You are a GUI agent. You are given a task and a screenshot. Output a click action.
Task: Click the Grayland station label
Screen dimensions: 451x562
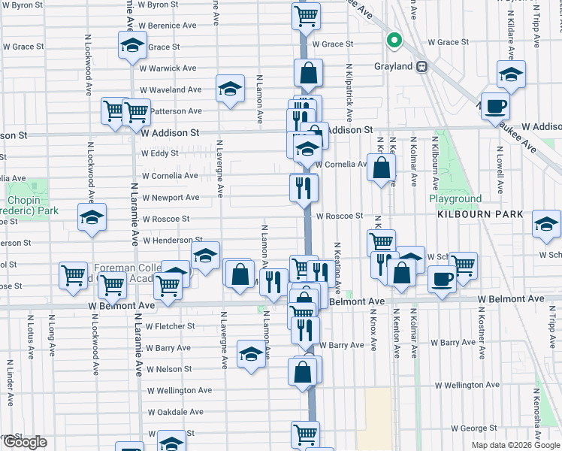point(394,66)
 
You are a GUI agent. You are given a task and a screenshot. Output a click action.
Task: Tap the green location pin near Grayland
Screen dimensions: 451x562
point(393,41)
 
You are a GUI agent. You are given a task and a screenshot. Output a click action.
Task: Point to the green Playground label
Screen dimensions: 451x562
point(455,199)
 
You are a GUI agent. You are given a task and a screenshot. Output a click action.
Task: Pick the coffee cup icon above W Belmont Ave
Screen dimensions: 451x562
point(442,279)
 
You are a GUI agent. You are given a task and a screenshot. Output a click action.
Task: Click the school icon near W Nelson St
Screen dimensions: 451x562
point(251,354)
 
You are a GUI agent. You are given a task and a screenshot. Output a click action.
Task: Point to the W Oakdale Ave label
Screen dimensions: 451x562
point(175,413)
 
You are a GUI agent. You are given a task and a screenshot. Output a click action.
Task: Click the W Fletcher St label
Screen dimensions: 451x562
point(171,326)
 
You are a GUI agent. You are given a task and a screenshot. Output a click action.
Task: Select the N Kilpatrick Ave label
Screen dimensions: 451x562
point(349,95)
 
